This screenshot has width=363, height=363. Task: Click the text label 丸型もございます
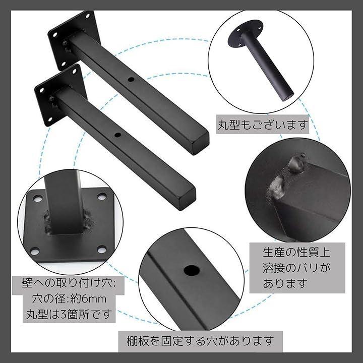coord(263,125)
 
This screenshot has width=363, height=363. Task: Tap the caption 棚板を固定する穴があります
coord(200,341)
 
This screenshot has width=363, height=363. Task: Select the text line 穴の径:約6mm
coord(69,298)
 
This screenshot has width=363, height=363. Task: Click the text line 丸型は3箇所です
coord(69,314)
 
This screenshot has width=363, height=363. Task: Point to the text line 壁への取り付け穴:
coord(69,283)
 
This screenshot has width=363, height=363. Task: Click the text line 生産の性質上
coord(296,252)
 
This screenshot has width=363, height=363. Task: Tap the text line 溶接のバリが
coord(296,268)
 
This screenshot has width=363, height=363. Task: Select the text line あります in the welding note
coord(285,283)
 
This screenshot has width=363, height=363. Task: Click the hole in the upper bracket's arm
coord(131,80)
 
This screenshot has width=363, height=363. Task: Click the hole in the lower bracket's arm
coord(117,135)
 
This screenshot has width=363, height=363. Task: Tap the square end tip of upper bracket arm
coord(201,144)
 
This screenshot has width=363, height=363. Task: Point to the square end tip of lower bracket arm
coord(187,199)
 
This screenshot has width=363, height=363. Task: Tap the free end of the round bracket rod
coord(287,96)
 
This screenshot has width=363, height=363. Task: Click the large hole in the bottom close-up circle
coord(192,270)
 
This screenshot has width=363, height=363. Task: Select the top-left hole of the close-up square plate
coord(38,199)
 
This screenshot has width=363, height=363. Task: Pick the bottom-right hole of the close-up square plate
coord(102,250)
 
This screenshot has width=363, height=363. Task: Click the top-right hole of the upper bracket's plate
coord(88,16)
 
